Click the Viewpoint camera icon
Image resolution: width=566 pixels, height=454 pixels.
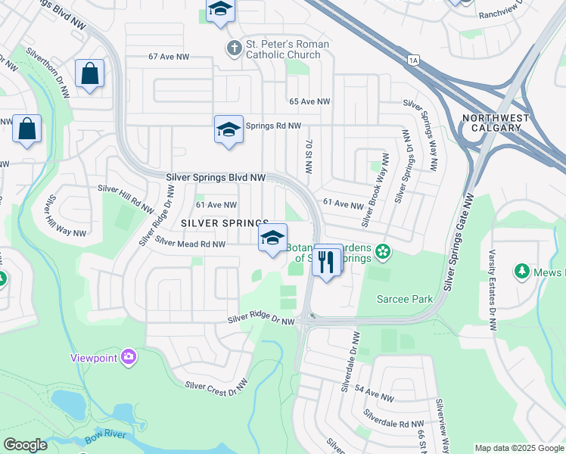pyautogui.click(x=129, y=356)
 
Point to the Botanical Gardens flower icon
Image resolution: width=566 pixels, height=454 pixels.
pyautogui.click(x=384, y=250)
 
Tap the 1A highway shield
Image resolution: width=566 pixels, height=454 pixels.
pyautogui.click(x=412, y=59)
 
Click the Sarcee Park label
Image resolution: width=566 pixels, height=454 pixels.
pyautogui.click(x=406, y=299)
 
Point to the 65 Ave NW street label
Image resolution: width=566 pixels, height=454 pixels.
pyautogui.click(x=310, y=101)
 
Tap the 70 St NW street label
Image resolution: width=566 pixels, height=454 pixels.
pyautogui.click(x=309, y=156)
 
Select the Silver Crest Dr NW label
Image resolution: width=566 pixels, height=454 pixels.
pyautogui.click(x=216, y=386)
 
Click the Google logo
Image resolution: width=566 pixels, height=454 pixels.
pyautogui.click(x=26, y=444)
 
